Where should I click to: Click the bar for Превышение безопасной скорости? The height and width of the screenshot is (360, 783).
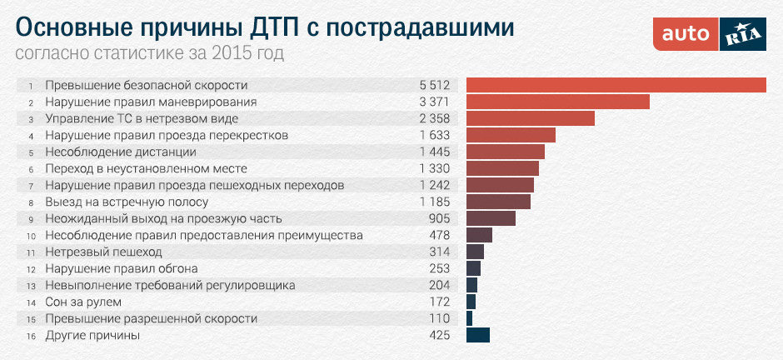pyautogui.click(x=616, y=85)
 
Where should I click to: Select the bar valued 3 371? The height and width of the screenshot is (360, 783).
pyautogui.click(x=557, y=102)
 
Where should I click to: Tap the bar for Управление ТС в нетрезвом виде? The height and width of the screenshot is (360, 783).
pyautogui.click(x=530, y=118)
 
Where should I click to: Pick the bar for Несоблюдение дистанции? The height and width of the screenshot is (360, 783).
pyautogui.click(x=505, y=152)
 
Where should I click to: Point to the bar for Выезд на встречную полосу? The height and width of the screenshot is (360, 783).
pyautogui.click(x=498, y=202)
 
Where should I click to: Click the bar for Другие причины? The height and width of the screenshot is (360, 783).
pyautogui.click(x=478, y=335)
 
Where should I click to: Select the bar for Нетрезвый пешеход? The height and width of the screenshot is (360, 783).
pyautogui.click(x=475, y=252)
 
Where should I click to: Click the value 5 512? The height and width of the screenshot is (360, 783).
pyautogui.click(x=435, y=85)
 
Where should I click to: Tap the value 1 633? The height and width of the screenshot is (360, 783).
pyautogui.click(x=435, y=135)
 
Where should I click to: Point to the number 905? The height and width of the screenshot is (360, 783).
pyautogui.click(x=439, y=218)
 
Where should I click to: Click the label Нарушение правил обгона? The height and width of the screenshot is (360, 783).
pyautogui.click(x=121, y=268)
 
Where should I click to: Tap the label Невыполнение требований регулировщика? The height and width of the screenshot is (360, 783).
pyautogui.click(x=170, y=285)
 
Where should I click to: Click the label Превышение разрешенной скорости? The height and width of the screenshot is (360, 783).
pyautogui.click(x=151, y=318)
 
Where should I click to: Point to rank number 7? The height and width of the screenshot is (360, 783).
pyautogui.click(x=30, y=186)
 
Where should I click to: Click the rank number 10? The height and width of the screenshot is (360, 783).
pyautogui.click(x=30, y=236)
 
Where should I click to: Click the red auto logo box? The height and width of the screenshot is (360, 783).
pyautogui.click(x=686, y=34)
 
